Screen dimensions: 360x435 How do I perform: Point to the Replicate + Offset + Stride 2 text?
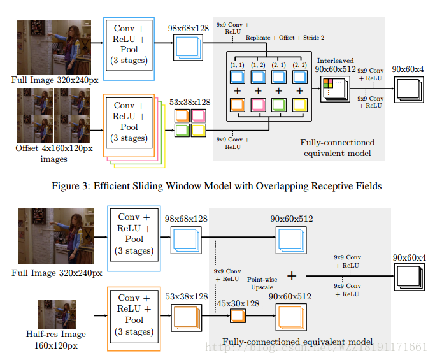click(x=280, y=38)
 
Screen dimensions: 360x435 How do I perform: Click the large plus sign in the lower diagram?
click(x=292, y=276)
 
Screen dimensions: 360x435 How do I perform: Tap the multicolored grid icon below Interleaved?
click(x=330, y=85)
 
